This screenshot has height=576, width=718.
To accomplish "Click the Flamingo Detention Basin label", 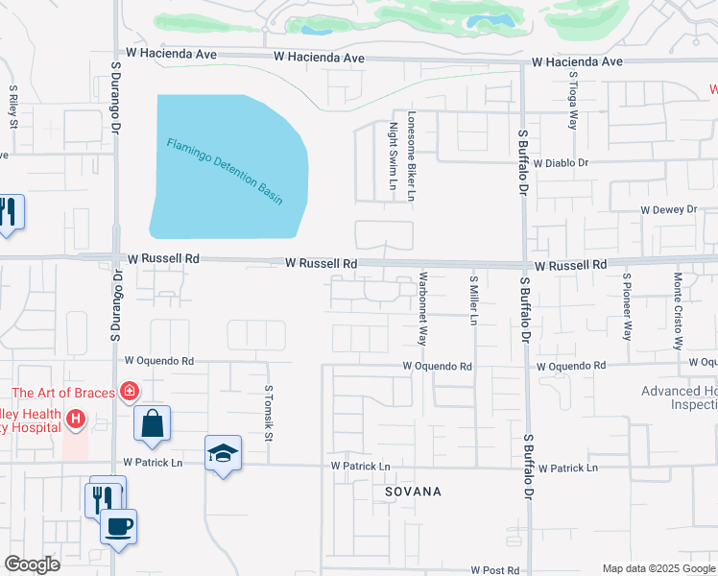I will coord(225,171).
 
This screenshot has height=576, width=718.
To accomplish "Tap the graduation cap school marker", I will coord(223,453).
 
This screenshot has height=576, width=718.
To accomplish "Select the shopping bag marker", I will coord(153,423).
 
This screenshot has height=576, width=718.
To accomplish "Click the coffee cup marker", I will coord(118,526).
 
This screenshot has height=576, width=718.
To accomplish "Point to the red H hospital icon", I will coord(74,419).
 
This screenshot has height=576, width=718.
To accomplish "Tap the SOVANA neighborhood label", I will coord(412,492).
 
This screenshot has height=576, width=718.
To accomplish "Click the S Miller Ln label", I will coord(473,300).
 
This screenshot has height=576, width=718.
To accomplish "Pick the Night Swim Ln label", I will coord(393,156).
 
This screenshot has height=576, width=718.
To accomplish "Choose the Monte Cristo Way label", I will coord(678,309).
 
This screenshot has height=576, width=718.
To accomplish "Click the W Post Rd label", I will coord(494,570).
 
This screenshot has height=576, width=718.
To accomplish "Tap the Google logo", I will coord(33,564).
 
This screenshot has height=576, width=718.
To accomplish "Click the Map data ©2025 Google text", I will coord(658,568).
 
